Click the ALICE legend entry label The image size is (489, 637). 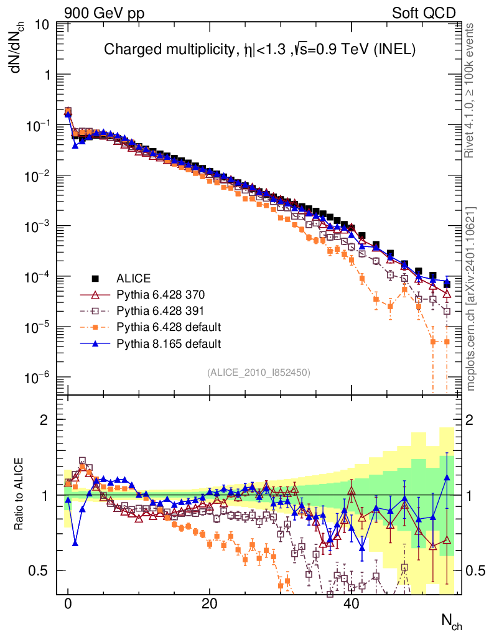[134, 278]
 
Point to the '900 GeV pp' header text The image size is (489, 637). [104, 13]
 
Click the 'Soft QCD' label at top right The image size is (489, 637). [424, 13]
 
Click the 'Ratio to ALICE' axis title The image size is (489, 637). [19, 495]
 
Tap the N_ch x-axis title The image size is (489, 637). [451, 621]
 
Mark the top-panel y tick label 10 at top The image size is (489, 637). [43, 25]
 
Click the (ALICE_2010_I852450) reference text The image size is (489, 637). [259, 372]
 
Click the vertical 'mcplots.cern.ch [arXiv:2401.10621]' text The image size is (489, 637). [471, 299]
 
